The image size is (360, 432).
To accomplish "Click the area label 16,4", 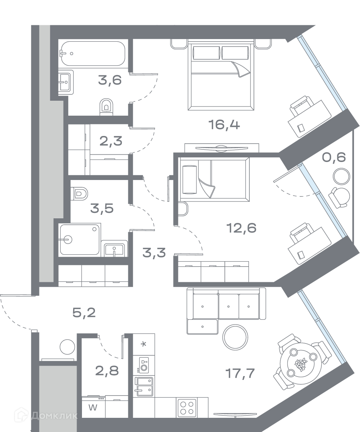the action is coord(224,125).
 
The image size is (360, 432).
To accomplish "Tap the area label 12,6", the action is coord(241,228).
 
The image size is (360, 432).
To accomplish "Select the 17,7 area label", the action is coord(240,373).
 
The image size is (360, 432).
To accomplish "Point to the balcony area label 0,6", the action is coord(334,157).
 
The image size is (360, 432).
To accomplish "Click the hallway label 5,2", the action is coord(84,313).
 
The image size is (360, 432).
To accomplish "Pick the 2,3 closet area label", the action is coord(111,142).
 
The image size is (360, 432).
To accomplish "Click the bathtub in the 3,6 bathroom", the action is coord(92,54).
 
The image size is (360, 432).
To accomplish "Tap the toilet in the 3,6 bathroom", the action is coord(107,106).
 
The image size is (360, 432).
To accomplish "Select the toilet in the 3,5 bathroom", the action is coord(79,193).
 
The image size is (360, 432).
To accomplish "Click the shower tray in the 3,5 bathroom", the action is coord(80,239).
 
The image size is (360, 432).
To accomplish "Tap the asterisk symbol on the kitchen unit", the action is coord(144,344).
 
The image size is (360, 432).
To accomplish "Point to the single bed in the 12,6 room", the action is coord(214,179).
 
